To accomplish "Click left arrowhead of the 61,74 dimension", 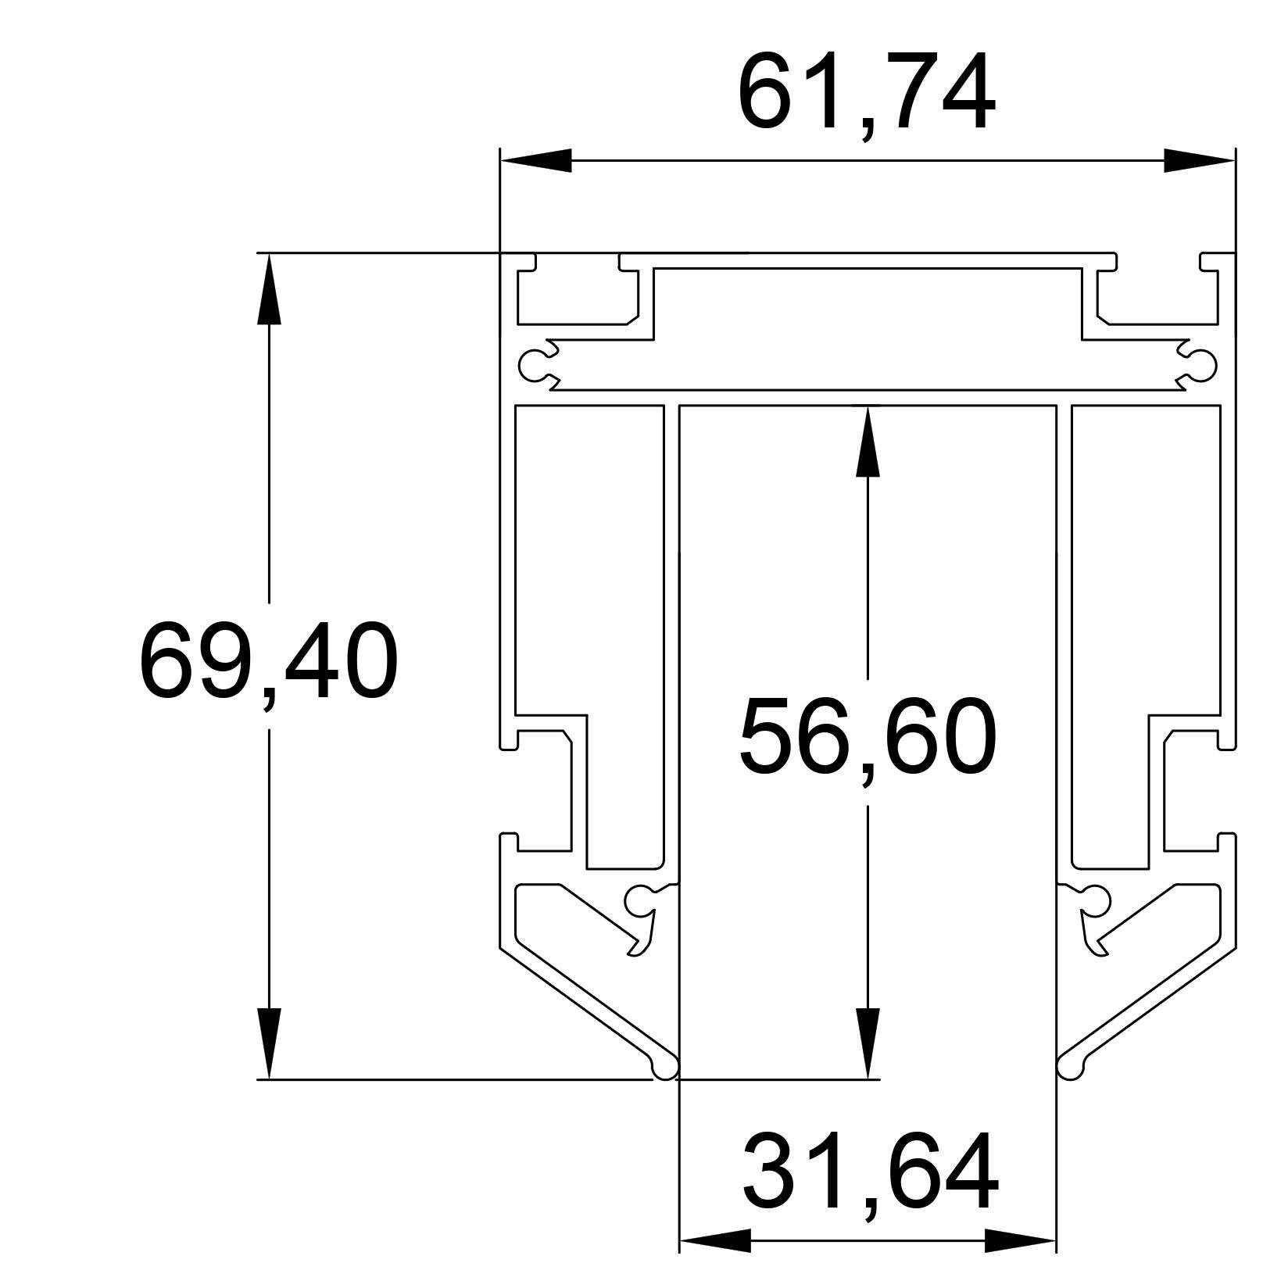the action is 536,160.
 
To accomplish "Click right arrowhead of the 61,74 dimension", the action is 1200,160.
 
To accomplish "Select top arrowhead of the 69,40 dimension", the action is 269,288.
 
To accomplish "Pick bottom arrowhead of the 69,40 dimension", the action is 269,1043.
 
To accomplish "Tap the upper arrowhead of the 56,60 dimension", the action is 868,441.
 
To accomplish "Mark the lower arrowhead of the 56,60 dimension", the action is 868,1043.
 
